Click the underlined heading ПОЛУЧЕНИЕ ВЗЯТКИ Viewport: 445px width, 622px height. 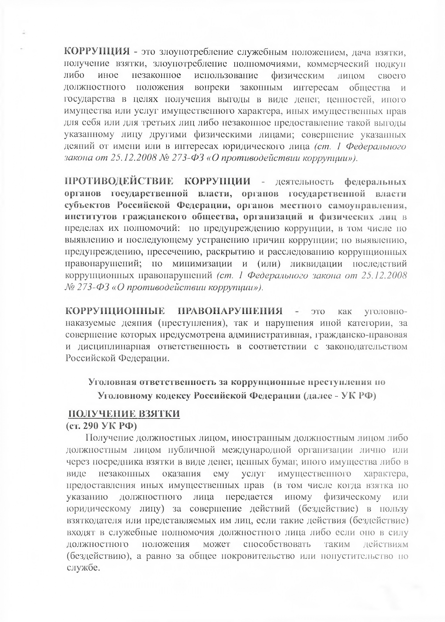point(124,414)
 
